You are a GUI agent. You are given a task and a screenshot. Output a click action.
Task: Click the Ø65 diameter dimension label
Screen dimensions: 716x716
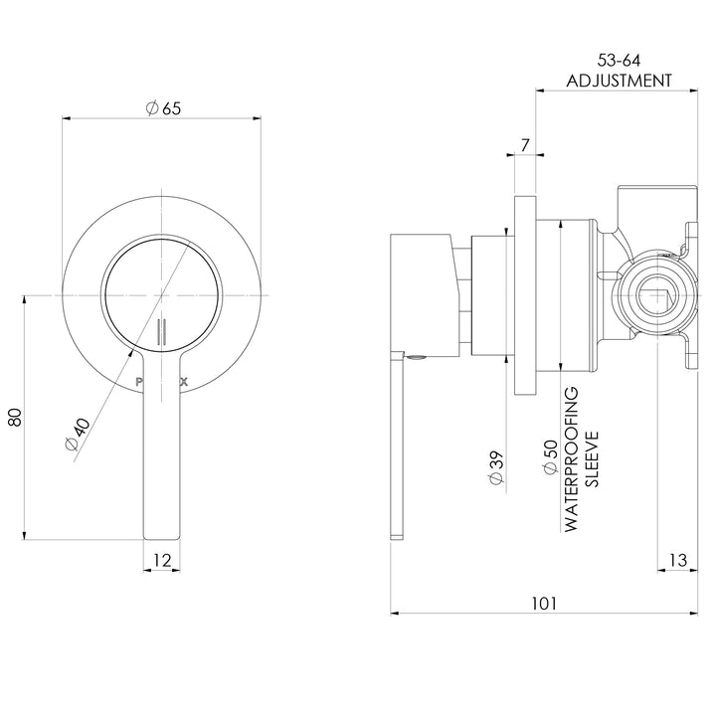coord(163,111)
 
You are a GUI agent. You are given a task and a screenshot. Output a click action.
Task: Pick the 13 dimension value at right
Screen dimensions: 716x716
coord(677,563)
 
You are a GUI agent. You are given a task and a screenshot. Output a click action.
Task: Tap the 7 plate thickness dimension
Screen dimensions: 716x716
coord(524,146)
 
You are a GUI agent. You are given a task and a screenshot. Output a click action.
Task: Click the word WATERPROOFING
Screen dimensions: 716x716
coord(571,459)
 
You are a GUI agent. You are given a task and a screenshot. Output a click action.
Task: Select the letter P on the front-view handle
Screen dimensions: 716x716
coord(138,380)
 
